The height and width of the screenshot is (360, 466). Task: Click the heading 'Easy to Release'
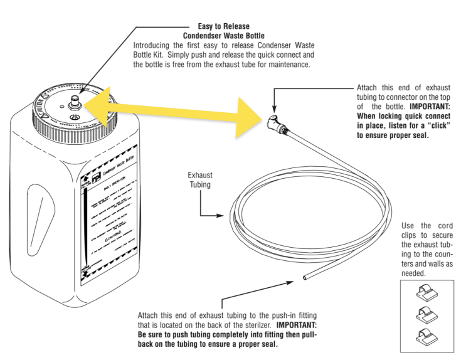[x=223, y=27]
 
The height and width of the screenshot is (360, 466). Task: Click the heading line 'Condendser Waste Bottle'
[x=223, y=36]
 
